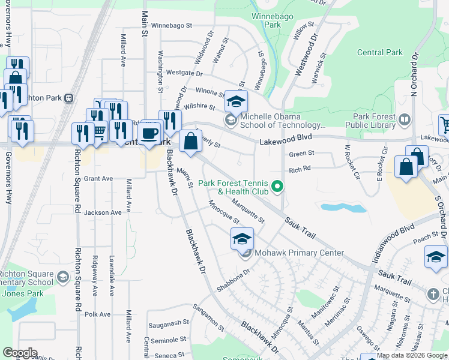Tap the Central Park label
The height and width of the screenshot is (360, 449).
[x=379, y=53]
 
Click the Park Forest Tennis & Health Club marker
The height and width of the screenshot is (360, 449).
[x=277, y=187]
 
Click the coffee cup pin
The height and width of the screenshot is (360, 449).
[x=149, y=133]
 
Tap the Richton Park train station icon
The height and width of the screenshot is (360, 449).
[x=69, y=98]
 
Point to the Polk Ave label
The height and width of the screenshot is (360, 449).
[x=98, y=314]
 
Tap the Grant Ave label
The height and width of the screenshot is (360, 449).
[x=98, y=179]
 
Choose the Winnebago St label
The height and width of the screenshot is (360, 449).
[x=171, y=26]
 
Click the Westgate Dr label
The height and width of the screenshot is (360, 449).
[x=184, y=73]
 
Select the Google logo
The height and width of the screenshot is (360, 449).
[x=20, y=353]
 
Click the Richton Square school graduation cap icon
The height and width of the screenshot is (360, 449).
[x=63, y=277]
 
